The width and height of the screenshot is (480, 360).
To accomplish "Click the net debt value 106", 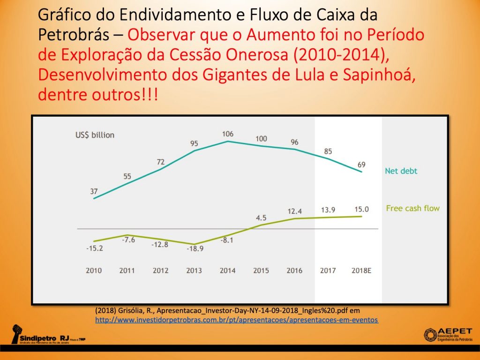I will [x=228, y=134].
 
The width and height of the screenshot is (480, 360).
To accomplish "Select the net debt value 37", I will [x=94, y=191].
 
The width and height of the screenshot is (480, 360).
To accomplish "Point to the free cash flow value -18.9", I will [x=194, y=249].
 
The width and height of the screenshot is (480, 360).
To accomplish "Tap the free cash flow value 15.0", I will [x=361, y=209].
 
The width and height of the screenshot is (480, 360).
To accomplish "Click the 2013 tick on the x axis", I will [x=194, y=270].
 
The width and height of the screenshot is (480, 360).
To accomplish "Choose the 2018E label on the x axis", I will [x=361, y=270].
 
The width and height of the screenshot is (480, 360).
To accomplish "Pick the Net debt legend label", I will [x=401, y=171].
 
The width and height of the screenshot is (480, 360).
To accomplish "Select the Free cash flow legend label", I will [x=412, y=208].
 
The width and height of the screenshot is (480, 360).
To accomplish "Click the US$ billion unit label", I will [x=95, y=135].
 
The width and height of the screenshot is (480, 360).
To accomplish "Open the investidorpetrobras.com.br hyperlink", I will [x=236, y=320].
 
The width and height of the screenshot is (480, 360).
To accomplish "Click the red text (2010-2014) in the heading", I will [x=348, y=54].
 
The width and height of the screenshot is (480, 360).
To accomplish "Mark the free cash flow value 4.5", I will [x=261, y=217].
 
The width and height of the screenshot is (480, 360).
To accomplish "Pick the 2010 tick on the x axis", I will [x=94, y=270].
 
